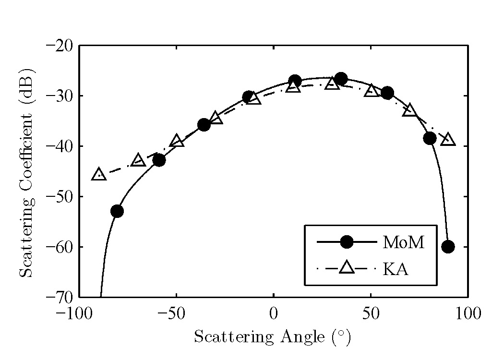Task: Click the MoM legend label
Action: click(x=404, y=243)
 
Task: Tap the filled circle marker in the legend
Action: click(x=347, y=243)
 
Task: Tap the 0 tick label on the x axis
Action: click(x=274, y=314)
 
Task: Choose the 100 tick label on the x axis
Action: click(x=468, y=314)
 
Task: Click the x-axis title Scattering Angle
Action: click(x=273, y=337)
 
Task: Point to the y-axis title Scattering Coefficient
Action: click(x=27, y=171)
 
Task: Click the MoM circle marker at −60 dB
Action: click(x=448, y=247)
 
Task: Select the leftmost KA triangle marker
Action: click(x=99, y=174)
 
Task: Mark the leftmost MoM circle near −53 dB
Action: click(x=117, y=211)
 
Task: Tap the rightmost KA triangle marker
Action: click(x=448, y=139)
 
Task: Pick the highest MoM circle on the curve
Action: click(x=341, y=79)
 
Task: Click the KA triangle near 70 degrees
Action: click(x=409, y=110)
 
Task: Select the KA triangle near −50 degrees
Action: click(x=177, y=141)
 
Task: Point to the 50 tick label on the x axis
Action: click(x=371, y=314)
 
